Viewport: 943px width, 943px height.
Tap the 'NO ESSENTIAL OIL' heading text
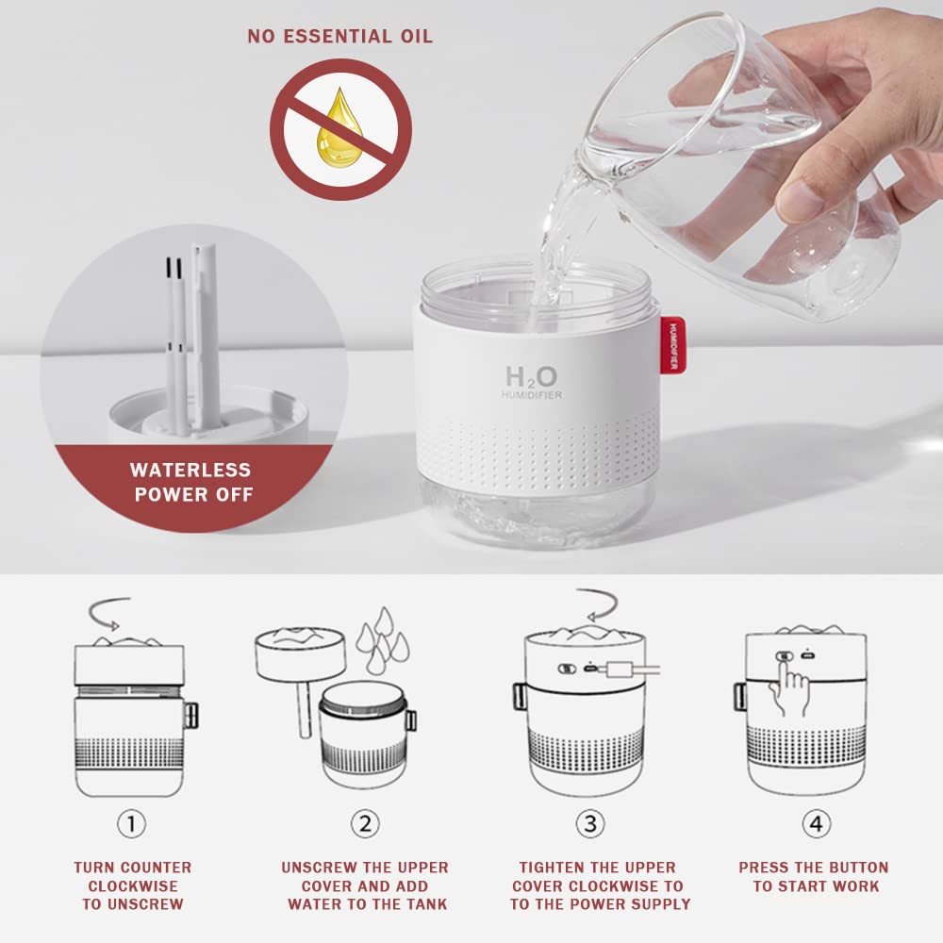tap(340, 37)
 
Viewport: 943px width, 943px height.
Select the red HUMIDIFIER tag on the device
tap(672, 345)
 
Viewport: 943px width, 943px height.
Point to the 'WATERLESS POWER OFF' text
tap(191, 482)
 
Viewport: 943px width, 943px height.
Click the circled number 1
tap(131, 823)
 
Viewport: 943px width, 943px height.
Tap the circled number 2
tap(366, 823)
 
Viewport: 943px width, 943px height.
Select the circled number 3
tap(590, 823)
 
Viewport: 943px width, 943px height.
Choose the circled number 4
tap(817, 823)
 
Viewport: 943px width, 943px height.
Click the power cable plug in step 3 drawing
tap(622, 670)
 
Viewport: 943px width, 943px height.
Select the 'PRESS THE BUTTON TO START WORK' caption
tap(813, 877)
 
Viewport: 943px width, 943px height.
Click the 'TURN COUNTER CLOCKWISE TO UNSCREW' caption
tap(132, 885)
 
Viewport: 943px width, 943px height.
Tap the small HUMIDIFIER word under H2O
tap(532, 395)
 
